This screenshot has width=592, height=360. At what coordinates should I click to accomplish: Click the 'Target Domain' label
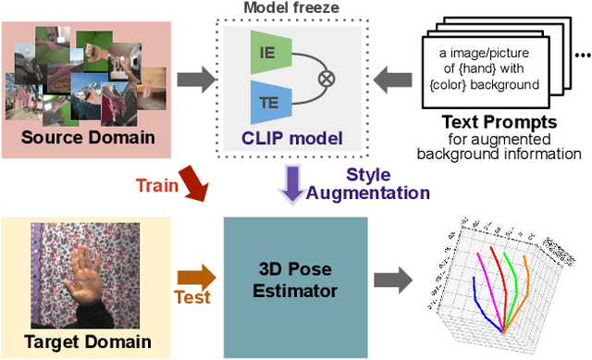tap(75, 341)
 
